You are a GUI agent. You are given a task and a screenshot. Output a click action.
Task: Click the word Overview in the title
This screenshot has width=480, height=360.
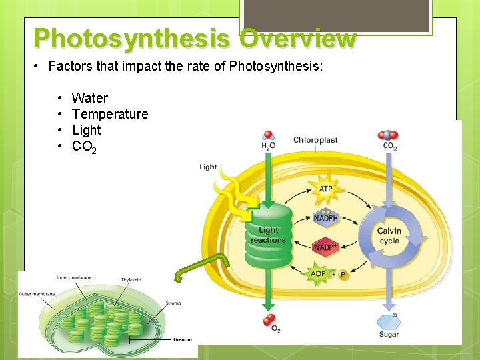(x=298, y=39)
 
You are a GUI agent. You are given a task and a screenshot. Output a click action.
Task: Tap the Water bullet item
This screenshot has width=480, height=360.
(x=89, y=98)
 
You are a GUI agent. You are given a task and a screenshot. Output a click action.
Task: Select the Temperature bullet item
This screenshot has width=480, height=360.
(x=109, y=114)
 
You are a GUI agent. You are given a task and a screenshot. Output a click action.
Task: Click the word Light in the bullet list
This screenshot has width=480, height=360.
(x=86, y=130)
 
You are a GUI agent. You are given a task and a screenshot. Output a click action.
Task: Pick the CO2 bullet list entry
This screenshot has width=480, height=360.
(x=84, y=147)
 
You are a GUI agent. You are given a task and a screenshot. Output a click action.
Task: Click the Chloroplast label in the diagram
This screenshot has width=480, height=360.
(x=315, y=141)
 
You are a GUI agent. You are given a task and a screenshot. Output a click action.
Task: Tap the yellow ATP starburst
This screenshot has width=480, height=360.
(x=325, y=189)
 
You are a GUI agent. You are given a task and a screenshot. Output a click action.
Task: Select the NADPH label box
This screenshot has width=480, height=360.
(x=326, y=218)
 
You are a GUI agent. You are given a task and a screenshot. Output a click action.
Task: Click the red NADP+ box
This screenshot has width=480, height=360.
(x=326, y=247)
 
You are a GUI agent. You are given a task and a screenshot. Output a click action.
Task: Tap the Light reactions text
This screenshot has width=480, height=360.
(x=268, y=235)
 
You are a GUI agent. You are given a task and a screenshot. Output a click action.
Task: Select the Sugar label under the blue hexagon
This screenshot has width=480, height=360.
(x=389, y=334)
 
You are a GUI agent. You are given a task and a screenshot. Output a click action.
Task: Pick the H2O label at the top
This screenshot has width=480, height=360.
(x=268, y=147)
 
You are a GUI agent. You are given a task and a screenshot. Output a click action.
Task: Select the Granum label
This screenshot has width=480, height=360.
(x=182, y=340)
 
